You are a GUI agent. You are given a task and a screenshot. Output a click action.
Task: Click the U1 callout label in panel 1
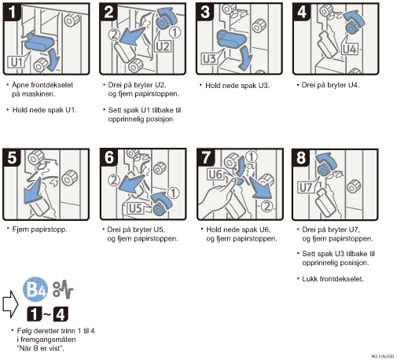pos(17,62)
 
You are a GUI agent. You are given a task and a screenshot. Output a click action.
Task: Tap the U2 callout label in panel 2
pos(163,46)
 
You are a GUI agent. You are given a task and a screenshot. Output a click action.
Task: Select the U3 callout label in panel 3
pos(209,59)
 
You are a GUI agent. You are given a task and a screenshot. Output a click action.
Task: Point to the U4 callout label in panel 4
pos(350,49)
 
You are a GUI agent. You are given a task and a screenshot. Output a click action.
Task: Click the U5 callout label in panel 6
pos(136,208)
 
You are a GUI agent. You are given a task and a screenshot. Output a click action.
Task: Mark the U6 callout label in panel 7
pos(215,174)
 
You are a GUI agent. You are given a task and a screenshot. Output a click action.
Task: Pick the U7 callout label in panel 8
pos(306,188)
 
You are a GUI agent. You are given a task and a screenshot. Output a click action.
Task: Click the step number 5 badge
pos(12,157)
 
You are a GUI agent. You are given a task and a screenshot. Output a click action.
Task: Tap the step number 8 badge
pos(301,158)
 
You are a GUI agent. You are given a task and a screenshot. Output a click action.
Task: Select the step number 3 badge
pos(205,12)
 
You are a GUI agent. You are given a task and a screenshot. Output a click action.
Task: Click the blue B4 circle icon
pos(35,289)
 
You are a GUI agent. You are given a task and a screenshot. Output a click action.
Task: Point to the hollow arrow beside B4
pos(10,304)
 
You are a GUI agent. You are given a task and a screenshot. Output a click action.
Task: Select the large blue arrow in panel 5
pos(32,191)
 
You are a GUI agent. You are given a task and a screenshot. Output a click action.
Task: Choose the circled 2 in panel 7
pos(267,207)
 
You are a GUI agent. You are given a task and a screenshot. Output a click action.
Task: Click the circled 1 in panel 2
pos(175,32)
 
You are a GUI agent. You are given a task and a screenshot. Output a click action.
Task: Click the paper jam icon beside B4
pos(63,289)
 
